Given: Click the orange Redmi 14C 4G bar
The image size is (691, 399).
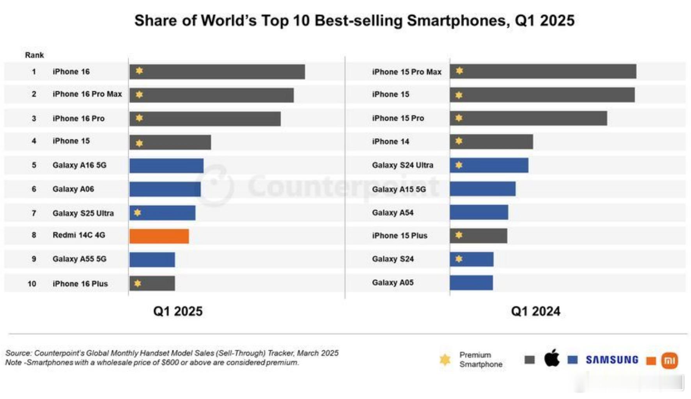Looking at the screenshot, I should pos(159,236).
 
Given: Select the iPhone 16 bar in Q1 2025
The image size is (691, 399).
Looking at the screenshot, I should pos(217,72).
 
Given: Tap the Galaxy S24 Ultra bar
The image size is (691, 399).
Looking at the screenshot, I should pos(489,165).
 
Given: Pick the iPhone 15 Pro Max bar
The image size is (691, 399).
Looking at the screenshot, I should pos(543,72).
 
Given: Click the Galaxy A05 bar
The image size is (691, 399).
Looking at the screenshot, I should pos(471,283).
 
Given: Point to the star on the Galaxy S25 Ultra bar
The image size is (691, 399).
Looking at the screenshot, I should pos(137,213).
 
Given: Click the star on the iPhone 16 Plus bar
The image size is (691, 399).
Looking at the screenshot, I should pos(138,283).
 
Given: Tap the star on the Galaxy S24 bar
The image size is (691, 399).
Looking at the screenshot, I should pos(459,259).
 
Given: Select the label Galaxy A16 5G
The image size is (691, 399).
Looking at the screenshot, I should pos(80,165).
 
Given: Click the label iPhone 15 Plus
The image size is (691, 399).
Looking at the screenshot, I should pos(400,236).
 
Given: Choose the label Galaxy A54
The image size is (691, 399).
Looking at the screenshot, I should pos(393,213).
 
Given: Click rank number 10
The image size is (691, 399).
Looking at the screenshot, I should pos(32,284).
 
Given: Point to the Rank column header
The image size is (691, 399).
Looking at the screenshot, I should pos(34,55).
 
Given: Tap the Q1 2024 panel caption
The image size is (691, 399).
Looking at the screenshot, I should pos(535,311).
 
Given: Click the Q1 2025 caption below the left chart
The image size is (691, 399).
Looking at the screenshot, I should pos(178,311).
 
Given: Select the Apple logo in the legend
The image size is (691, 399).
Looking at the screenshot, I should pos(552,358).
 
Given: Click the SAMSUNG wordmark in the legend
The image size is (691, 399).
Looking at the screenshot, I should pos(612,360).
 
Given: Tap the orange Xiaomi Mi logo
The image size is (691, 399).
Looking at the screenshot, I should pos(670,360).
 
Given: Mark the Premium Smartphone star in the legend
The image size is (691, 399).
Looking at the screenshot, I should pos(445,360).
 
